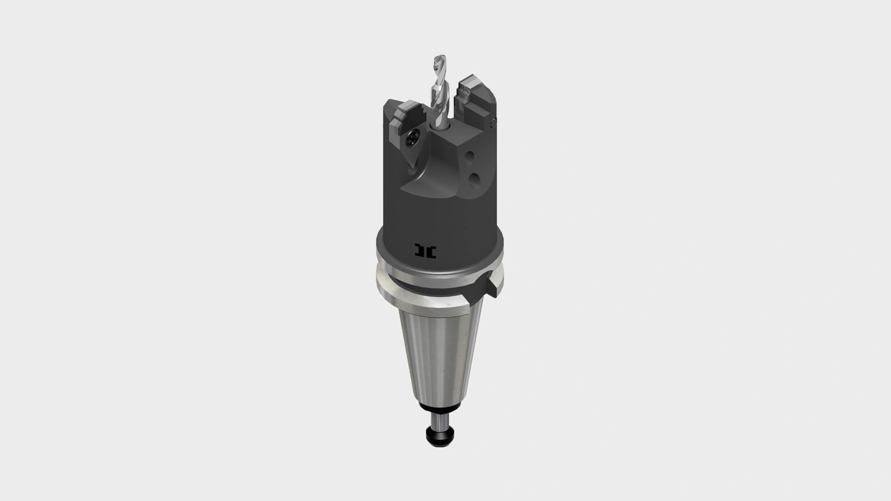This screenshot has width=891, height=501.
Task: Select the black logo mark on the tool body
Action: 426,250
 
